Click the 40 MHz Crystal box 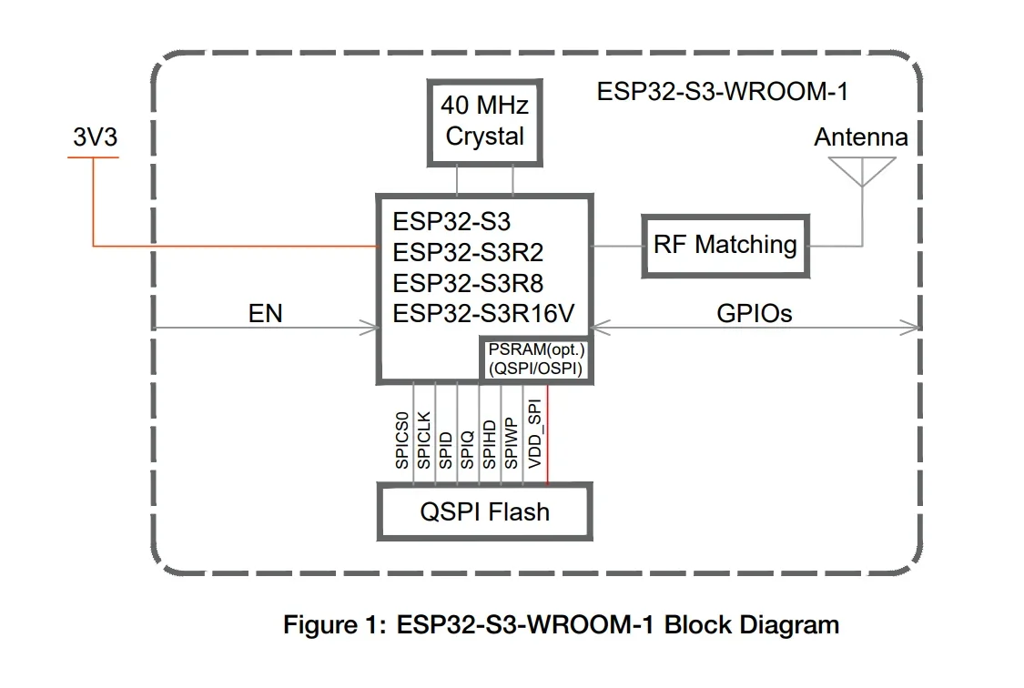point(484,122)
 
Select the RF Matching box point(725,245)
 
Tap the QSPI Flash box point(484,511)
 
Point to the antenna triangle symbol point(861,170)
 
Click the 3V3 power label point(95,137)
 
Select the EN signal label point(266,314)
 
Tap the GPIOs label point(755,314)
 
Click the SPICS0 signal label point(402,440)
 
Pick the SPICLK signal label point(424,439)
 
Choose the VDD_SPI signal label point(534,434)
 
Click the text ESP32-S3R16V point(483,314)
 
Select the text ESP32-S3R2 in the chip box point(468,252)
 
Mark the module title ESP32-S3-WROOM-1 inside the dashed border point(724,92)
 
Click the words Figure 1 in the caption point(333,625)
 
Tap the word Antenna point(860,137)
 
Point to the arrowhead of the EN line point(372,328)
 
